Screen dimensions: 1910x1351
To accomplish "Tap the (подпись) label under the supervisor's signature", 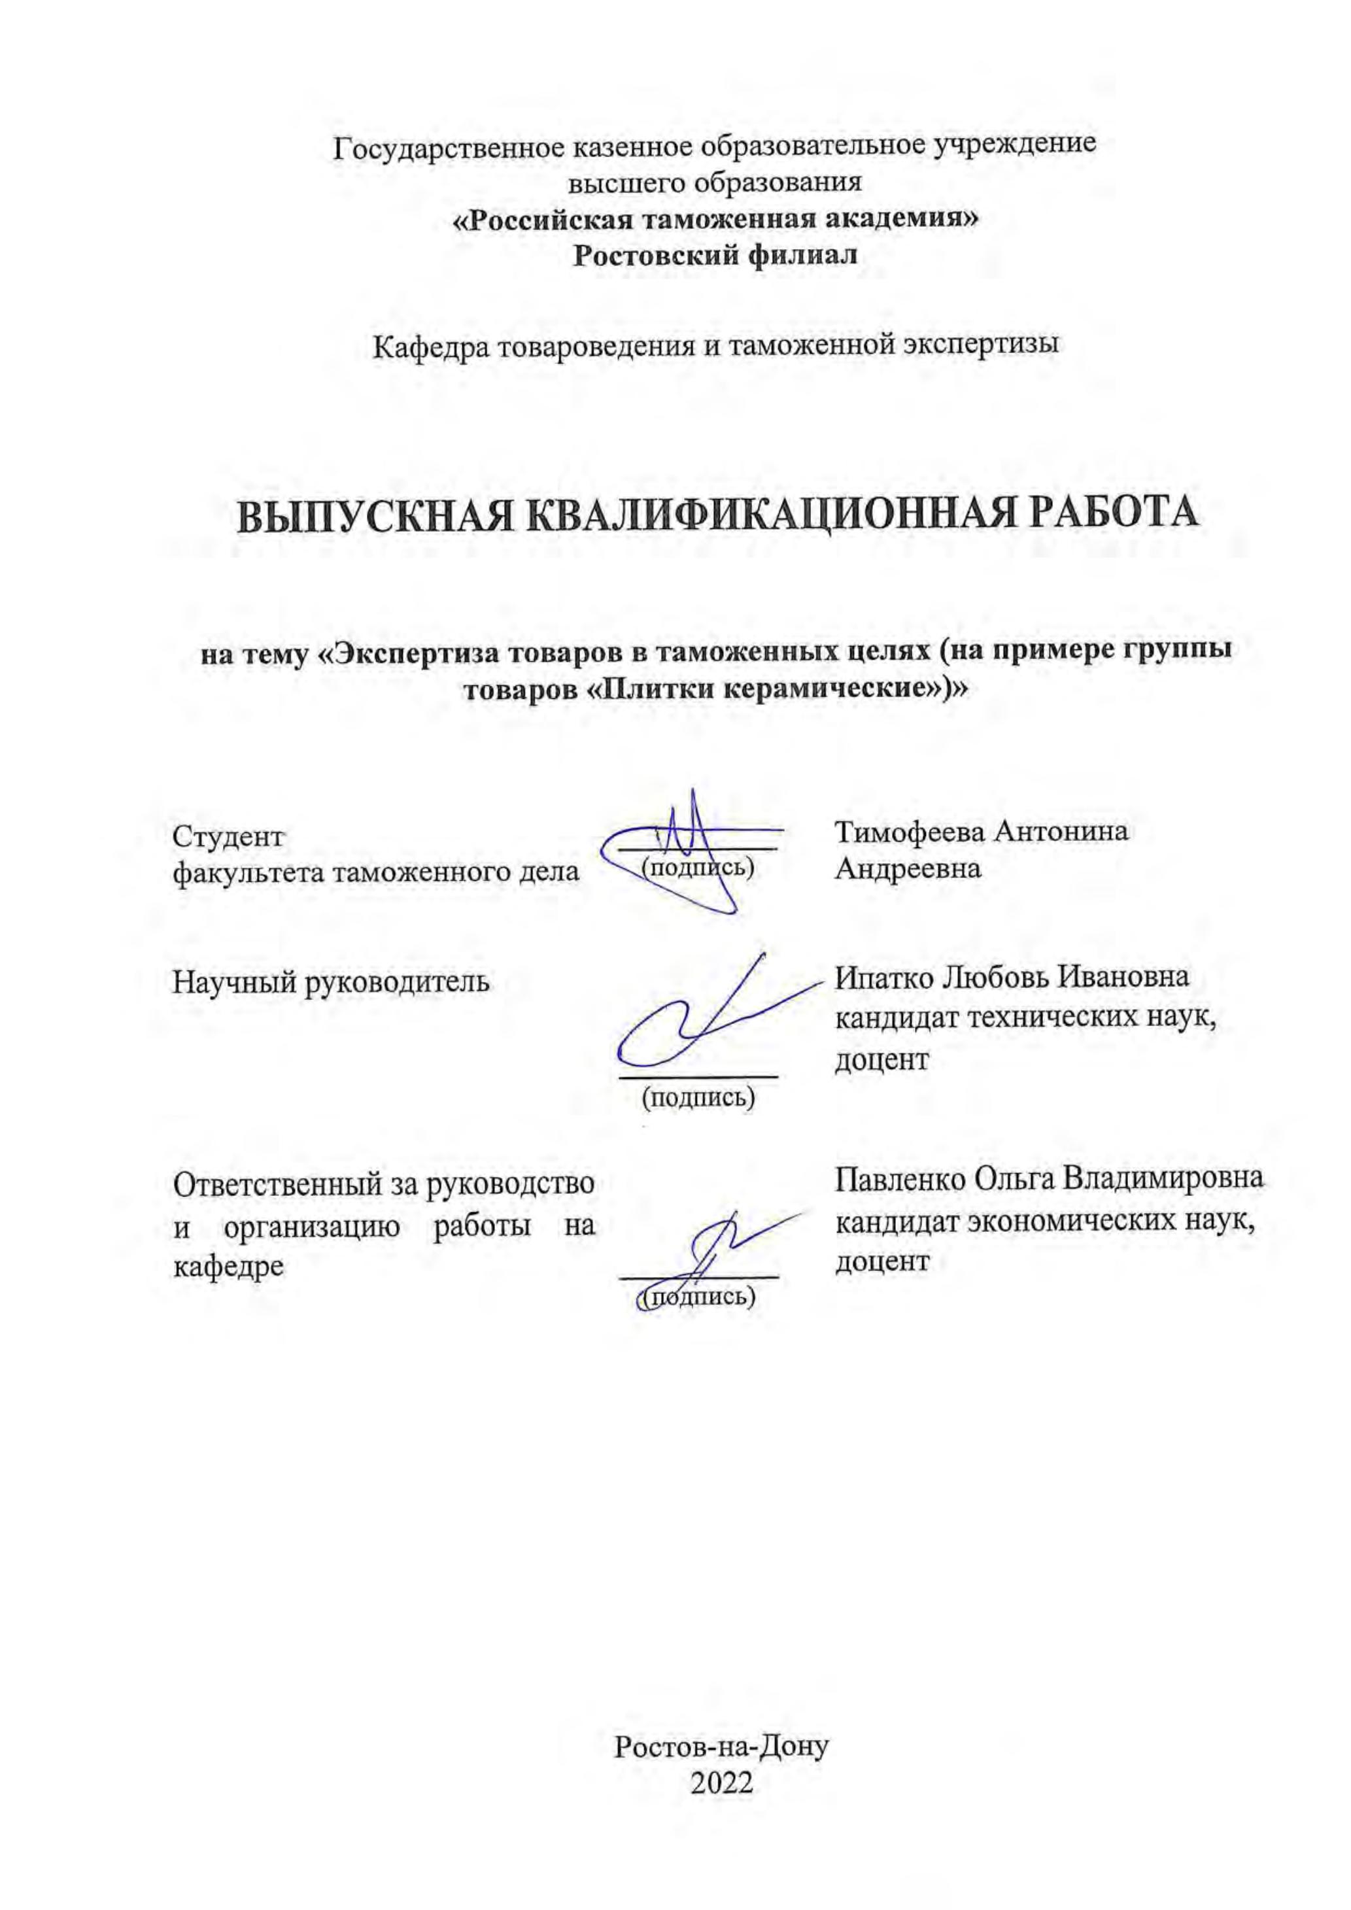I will point(699,1097).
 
